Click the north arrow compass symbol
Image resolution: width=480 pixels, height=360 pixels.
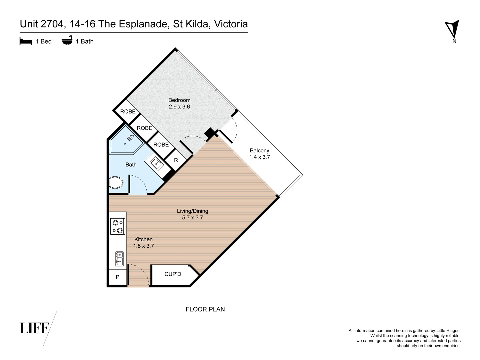tap(452, 29)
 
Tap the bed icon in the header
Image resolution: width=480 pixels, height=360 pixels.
tap(26, 41)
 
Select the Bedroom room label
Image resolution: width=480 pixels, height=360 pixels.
tap(179, 100)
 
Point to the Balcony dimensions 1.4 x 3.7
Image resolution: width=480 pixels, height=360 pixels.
tap(259, 157)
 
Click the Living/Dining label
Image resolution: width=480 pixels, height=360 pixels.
tap(192, 211)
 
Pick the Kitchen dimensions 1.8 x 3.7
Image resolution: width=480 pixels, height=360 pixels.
tap(143, 246)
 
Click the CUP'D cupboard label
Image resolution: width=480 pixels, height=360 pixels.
tap(173, 274)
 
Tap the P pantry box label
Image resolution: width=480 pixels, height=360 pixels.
tap(117, 277)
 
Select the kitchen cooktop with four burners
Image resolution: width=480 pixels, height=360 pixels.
tap(118, 226)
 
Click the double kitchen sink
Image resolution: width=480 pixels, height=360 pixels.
tap(119, 259)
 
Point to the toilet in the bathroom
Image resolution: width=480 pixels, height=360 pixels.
tap(116, 182)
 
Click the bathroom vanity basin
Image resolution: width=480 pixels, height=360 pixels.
tap(156, 163)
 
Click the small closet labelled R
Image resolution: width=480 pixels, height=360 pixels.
tap(176, 160)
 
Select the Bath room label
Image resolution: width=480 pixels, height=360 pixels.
tap(131, 165)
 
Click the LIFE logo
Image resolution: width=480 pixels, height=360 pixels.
tap(35, 328)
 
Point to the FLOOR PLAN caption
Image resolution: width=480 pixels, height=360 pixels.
tap(205, 309)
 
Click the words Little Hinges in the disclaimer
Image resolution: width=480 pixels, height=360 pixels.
tap(447, 331)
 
